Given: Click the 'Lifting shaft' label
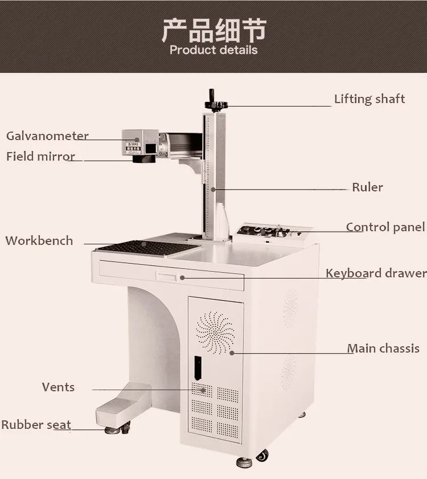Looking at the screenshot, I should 369,99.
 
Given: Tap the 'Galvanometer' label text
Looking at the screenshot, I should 47,136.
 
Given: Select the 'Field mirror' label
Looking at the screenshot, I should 40,157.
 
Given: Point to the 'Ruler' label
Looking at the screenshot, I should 367,187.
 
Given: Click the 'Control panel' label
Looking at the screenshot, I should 385,227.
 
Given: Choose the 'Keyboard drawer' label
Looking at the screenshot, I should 376,273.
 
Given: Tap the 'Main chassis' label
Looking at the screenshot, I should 383,349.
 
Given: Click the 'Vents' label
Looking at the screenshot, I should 58,387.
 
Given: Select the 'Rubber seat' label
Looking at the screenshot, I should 36,425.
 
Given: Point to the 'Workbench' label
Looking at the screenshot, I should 39,241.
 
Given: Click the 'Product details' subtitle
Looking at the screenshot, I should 213,50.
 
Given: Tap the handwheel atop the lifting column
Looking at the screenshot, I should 215,104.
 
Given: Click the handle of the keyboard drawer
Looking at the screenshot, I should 167,276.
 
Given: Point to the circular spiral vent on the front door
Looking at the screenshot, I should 215,331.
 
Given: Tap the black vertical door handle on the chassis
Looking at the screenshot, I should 198,369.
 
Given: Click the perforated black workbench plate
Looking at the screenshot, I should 142,248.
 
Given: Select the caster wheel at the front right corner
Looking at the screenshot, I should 262,456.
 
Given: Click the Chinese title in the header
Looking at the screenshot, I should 213,30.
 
